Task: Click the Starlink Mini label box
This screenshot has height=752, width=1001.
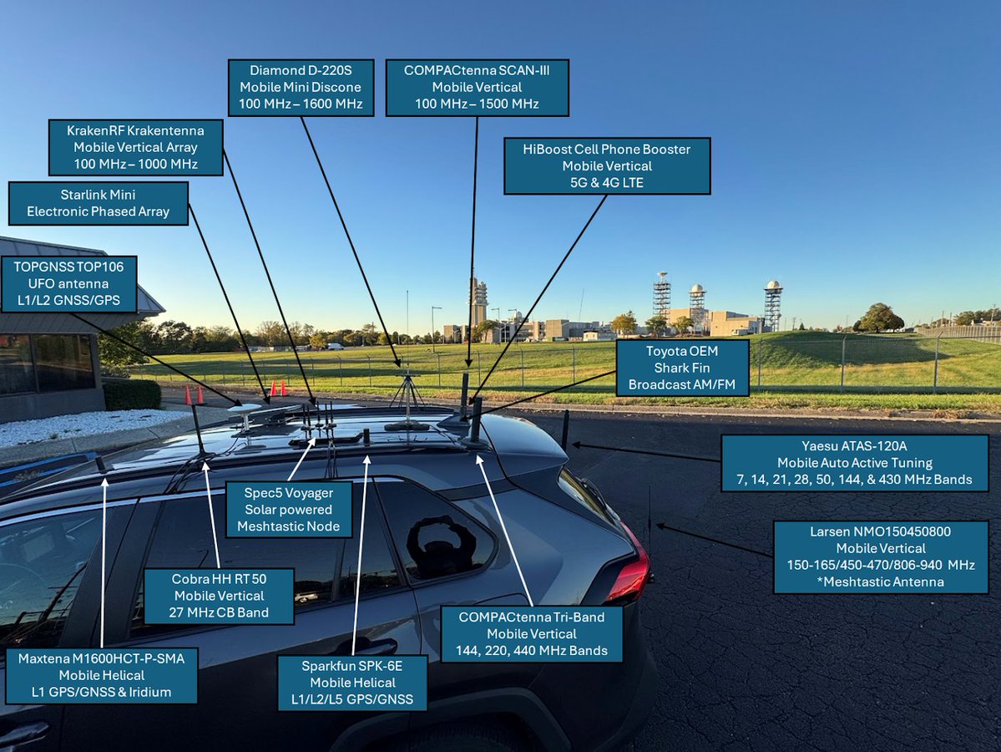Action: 99,203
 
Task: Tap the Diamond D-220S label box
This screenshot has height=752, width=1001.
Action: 301,87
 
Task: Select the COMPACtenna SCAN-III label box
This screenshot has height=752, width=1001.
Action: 477,87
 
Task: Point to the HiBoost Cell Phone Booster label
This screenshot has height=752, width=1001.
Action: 607,165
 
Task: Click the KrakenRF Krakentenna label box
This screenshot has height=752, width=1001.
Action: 135,147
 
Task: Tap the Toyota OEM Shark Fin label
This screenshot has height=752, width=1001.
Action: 682,368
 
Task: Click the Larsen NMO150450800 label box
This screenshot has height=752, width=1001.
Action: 881,556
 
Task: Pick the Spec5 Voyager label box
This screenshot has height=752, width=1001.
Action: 289,510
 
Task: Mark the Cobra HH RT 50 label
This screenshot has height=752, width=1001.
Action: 219,596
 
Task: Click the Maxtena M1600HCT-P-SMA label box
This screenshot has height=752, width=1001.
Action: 102,675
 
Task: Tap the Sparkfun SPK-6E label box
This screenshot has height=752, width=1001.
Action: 352,683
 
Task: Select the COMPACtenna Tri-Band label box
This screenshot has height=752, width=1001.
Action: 532,633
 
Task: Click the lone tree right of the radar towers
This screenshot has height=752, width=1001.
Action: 881,318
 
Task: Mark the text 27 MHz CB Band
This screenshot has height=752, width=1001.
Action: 219,612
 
